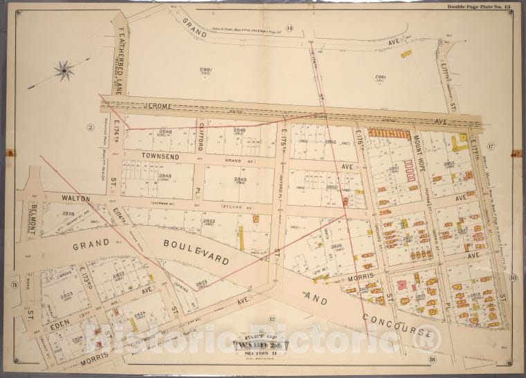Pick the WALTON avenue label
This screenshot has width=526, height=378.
pyautogui.click(x=76, y=198)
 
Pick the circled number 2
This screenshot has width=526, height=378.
pyautogui.click(x=89, y=126)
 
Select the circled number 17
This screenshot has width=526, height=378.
pyautogui.click(x=490, y=147)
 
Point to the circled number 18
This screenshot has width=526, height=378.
pyautogui.click(x=432, y=359)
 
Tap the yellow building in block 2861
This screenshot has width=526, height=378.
pyautogui.click(x=406, y=53)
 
